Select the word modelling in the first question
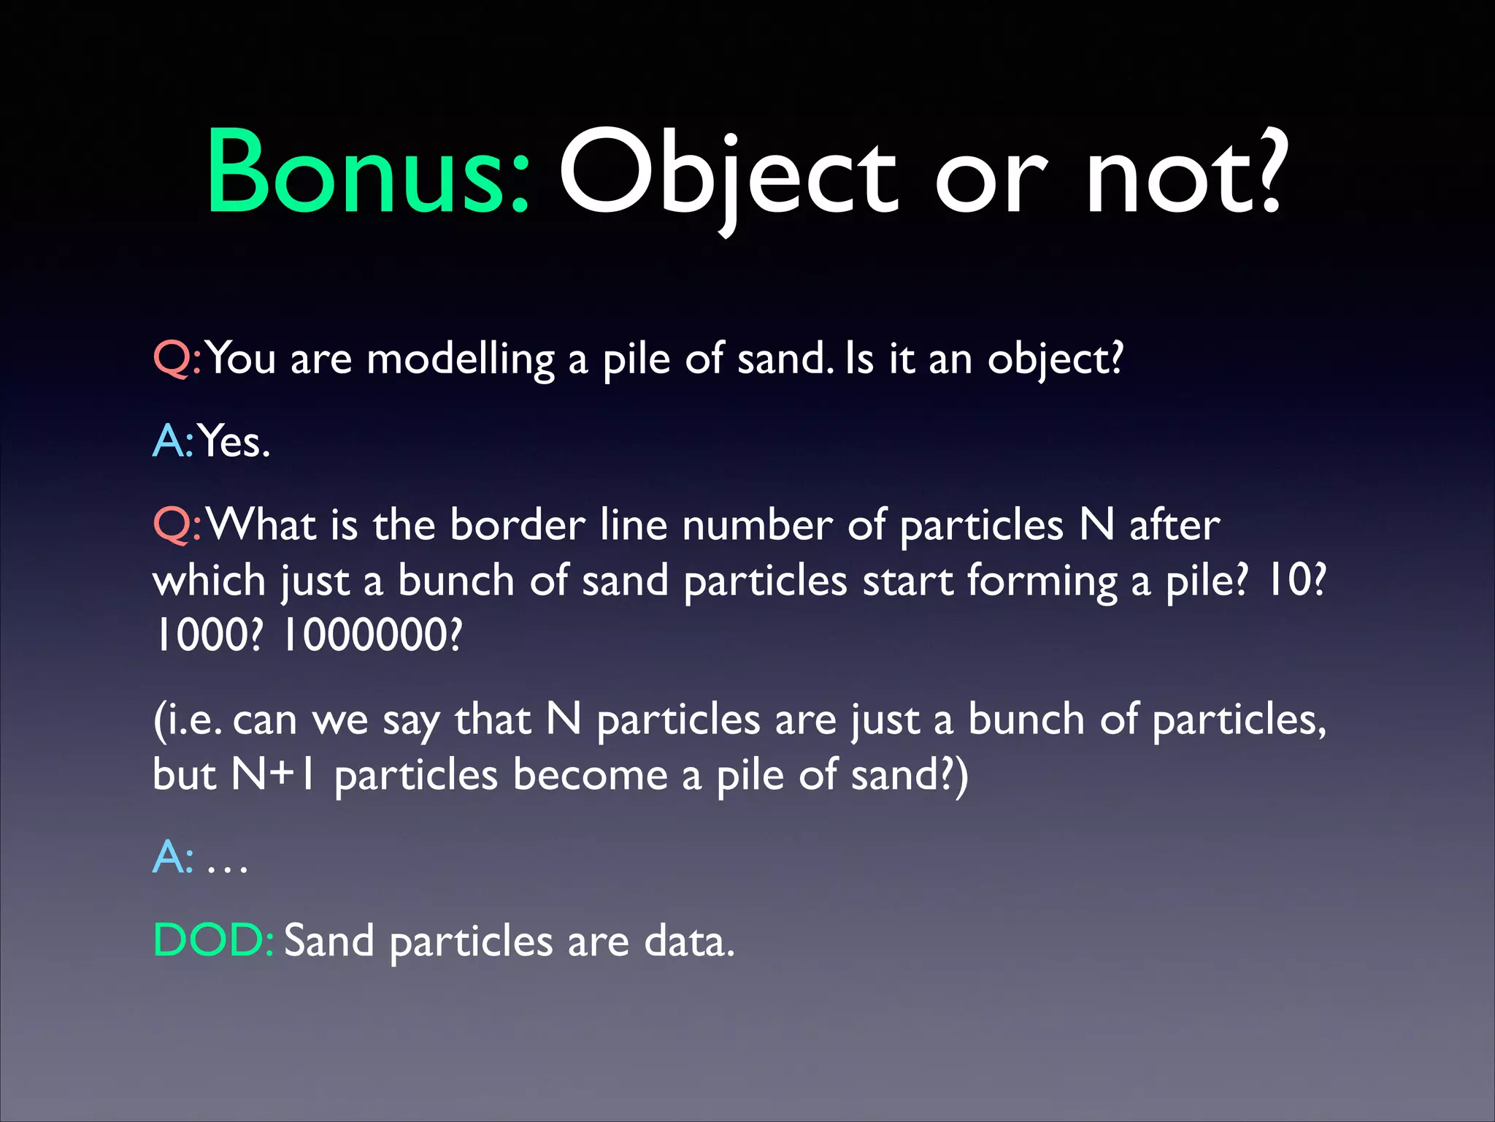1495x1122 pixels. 461,360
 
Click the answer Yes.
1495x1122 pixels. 234,442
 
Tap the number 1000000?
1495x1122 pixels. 372,635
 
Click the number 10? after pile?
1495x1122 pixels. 1295,581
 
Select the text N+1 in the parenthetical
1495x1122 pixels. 274,774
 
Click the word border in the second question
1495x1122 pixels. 518,525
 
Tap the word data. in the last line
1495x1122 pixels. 689,941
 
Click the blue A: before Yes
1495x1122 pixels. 173,442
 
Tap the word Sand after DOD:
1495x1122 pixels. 328,941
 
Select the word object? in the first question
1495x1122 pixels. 1055,360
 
